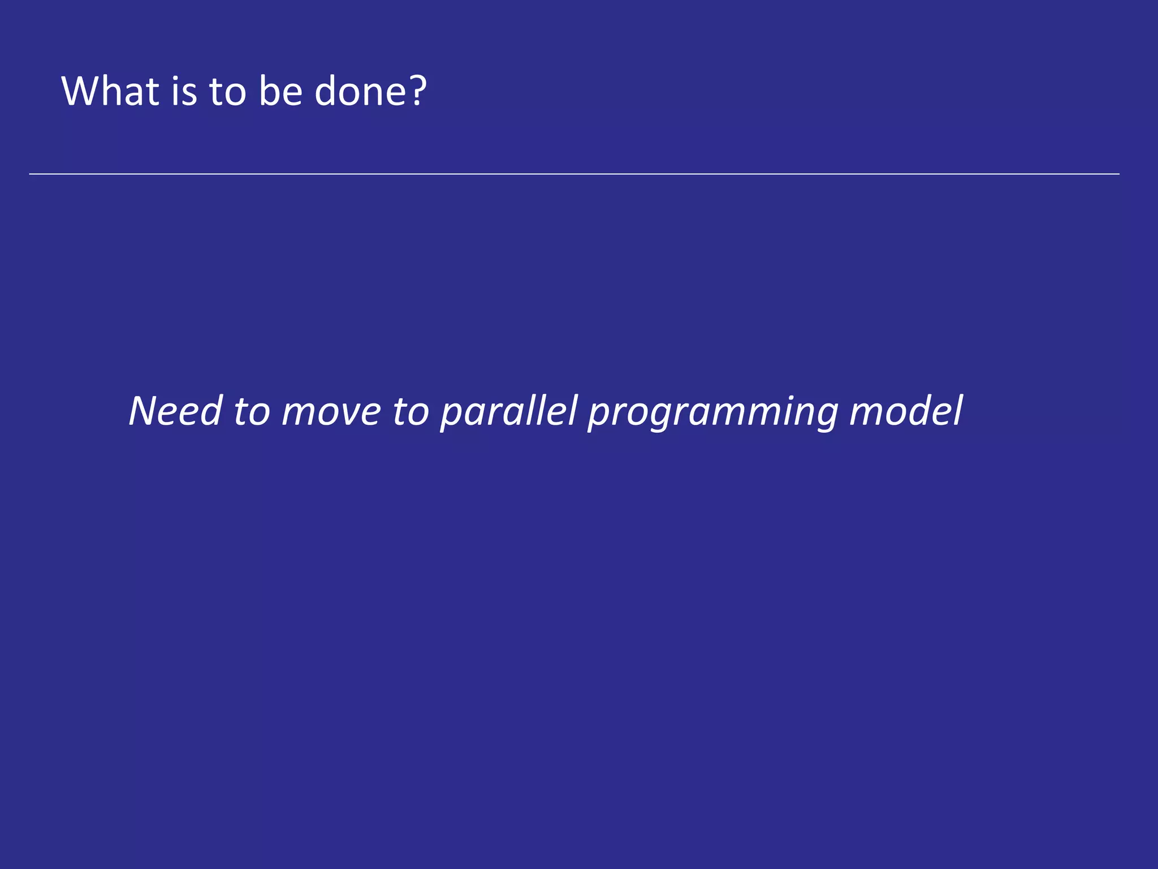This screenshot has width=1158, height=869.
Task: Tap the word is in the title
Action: click(x=184, y=91)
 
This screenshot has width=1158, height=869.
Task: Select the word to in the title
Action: click(x=228, y=92)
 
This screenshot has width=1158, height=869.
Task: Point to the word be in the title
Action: click(x=280, y=91)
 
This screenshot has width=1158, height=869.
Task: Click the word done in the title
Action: click(x=358, y=91)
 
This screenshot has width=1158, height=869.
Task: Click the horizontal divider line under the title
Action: click(x=574, y=174)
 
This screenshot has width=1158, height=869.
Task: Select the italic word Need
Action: click(x=175, y=411)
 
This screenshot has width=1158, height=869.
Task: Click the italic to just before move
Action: click(x=252, y=412)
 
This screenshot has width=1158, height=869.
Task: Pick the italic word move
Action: click(x=331, y=412)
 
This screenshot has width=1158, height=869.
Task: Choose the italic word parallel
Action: click(x=509, y=412)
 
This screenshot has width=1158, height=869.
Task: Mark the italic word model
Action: click(x=906, y=411)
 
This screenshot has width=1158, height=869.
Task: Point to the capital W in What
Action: click(x=83, y=91)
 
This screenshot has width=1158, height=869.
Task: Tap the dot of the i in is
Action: click(x=176, y=78)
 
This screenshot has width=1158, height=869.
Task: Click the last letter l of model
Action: click(x=957, y=410)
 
